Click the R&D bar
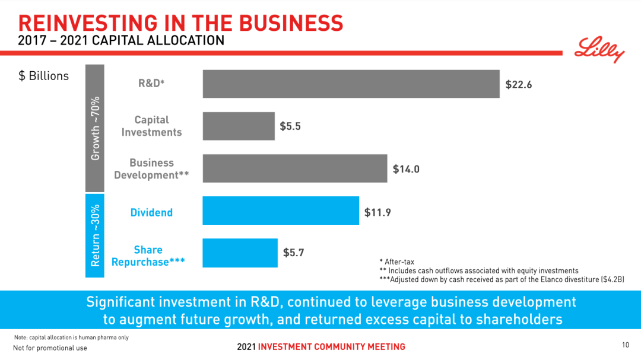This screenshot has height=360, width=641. coord(351,84)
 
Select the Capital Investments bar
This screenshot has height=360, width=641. coord(239,126)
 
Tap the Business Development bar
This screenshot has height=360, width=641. coord(295,168)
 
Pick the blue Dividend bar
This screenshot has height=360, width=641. coord(281,211)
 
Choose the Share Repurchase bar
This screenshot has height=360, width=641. coord(240,253)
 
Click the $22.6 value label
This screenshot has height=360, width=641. coord(518,85)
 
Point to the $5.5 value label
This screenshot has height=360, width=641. coord(290,126)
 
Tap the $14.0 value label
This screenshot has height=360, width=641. coord(406,169)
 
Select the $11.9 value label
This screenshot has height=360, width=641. coord(377,212)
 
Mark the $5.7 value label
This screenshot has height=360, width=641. coord(294,253)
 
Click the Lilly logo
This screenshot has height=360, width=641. coord(599,49)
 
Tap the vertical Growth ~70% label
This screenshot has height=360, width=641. coord(95,128)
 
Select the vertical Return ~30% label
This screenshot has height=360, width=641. coord(95,236)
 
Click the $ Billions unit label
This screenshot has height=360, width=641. coord(44,76)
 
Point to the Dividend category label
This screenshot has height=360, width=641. coord(151,212)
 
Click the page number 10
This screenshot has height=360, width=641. coord(626,345)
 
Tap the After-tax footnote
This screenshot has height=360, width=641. coord(397,262)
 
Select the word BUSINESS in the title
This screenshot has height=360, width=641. coord(291,23)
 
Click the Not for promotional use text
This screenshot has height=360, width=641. coord(50,348)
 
